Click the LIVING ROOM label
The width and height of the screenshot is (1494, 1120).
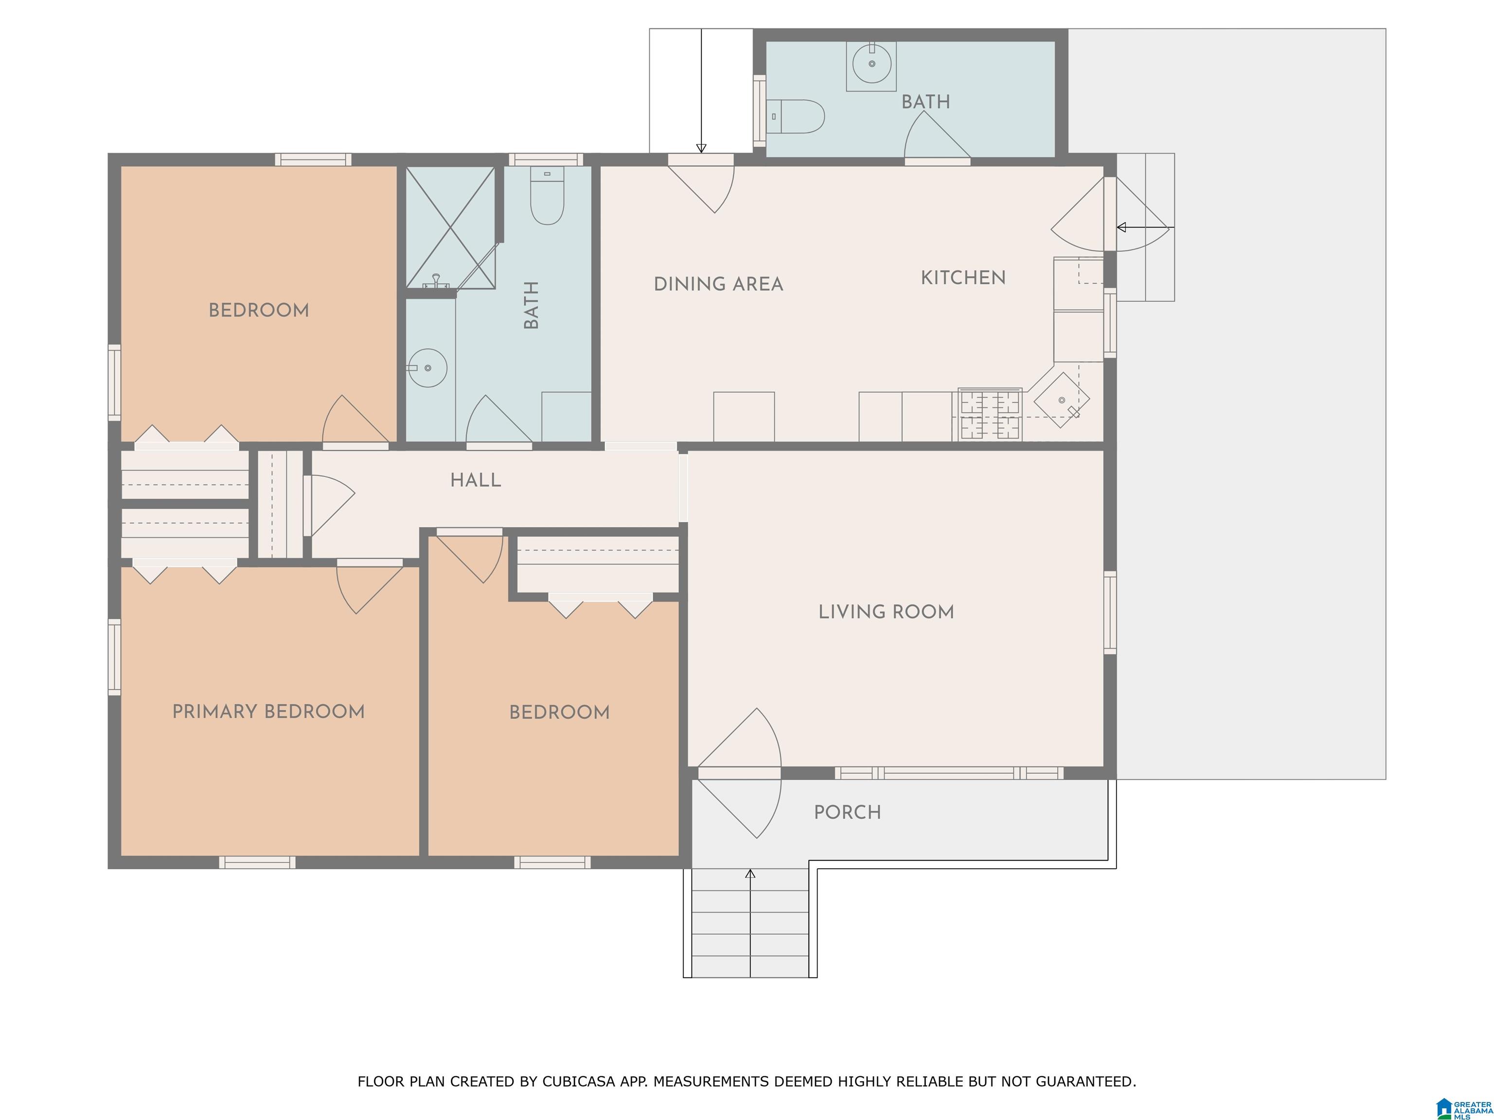click(886, 612)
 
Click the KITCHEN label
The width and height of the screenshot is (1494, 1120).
click(963, 278)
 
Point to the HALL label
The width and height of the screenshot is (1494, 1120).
click(476, 480)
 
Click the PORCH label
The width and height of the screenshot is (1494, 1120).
click(848, 812)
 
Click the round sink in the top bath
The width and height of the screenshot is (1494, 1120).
click(871, 64)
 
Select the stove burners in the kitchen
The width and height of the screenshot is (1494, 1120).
click(990, 415)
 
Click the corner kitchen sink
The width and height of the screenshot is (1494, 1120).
click(1061, 401)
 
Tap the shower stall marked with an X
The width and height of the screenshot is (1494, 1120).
click(450, 227)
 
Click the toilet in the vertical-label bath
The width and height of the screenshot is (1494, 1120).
click(547, 196)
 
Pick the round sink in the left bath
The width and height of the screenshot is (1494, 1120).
click(427, 368)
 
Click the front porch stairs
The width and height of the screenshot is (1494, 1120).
click(750, 922)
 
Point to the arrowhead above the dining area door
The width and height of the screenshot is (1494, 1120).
click(701, 148)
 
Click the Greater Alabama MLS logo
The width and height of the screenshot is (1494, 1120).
click(1464, 1108)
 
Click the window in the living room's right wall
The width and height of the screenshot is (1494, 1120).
click(1110, 612)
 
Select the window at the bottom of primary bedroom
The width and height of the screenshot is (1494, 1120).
click(257, 862)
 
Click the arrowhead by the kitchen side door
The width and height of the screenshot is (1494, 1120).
click(1121, 227)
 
